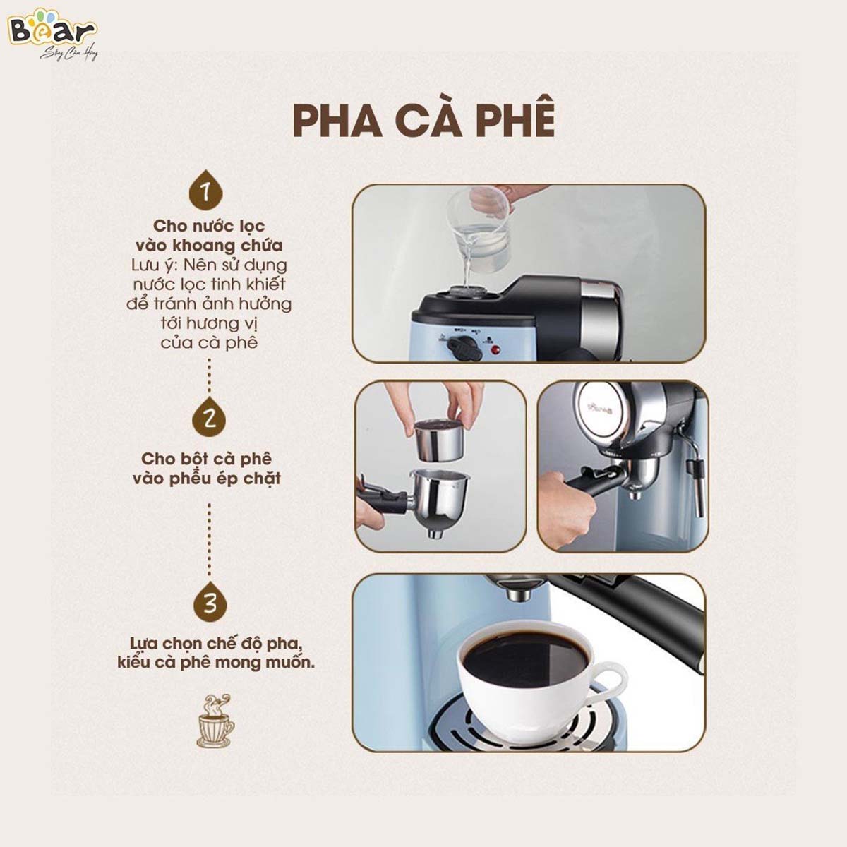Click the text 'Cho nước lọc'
[x=209, y=226]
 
